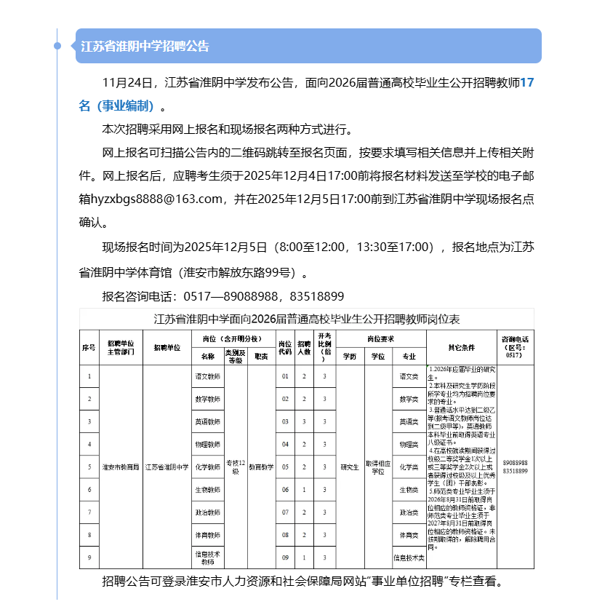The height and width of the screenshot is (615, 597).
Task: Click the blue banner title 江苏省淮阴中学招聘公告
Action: coord(145,47)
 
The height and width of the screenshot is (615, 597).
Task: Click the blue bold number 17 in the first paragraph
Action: coord(527,84)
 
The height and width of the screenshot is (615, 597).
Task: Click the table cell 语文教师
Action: coord(208,376)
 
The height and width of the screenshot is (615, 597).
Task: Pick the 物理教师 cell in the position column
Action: coord(208,444)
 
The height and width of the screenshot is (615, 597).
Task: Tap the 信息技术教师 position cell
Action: coord(208,558)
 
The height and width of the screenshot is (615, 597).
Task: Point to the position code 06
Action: coord(285,490)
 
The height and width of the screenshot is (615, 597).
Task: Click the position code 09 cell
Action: coord(285,558)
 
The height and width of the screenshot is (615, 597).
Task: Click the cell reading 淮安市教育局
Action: coord(121,467)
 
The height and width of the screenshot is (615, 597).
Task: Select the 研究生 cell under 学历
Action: coord(350,467)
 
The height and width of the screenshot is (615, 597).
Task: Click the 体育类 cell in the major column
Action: coord(409,535)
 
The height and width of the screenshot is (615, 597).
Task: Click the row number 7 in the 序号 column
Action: coord(89,512)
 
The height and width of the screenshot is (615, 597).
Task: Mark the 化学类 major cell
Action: coord(409,467)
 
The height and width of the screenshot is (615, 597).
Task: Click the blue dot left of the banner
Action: coord(57,46)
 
